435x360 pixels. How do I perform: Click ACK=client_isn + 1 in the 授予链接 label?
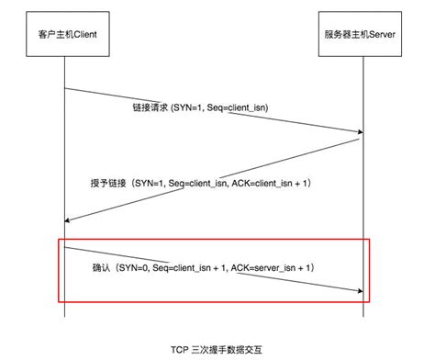click(x=275, y=184)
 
